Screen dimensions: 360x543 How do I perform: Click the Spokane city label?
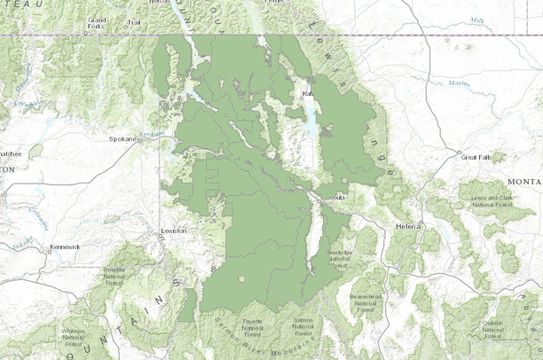pyautogui.click(x=122, y=139)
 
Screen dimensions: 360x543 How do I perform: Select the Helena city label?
pyautogui.click(x=406, y=228)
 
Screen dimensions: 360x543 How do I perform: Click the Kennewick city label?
pyautogui.click(x=64, y=246)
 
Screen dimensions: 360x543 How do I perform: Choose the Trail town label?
pyautogui.click(x=134, y=22)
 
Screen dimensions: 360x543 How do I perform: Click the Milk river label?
pyautogui.click(x=477, y=19)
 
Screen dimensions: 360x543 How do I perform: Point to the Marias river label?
pyautogui.click(x=458, y=84)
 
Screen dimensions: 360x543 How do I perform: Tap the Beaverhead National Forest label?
pyautogui.click(x=363, y=300)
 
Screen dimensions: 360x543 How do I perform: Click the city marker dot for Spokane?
pyautogui.click(x=140, y=139)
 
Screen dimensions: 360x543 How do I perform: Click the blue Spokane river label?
pyautogui.click(x=153, y=133)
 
